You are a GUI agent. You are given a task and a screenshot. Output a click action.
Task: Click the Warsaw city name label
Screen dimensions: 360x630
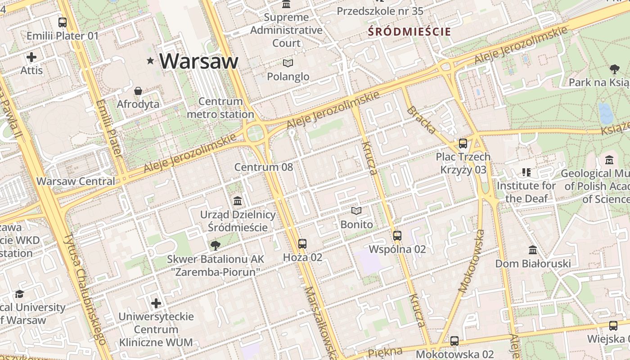(198, 61)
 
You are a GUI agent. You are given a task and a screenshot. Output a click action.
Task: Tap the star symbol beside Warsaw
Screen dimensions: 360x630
(150, 61)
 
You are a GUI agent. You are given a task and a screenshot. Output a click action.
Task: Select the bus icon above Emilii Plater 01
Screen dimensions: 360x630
(63, 22)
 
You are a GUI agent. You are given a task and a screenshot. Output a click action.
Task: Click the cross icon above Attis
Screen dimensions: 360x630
(31, 57)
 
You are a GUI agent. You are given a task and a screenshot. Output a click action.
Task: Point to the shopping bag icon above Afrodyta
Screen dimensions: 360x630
(138, 91)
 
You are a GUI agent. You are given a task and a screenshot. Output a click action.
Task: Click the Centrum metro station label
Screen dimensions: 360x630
(220, 108)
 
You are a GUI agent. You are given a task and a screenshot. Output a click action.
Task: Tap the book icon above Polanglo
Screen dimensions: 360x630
(288, 63)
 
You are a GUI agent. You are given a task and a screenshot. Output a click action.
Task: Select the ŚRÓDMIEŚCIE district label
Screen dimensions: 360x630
(409, 31)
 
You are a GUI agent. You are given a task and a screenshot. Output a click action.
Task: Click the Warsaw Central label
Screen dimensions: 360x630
(76, 181)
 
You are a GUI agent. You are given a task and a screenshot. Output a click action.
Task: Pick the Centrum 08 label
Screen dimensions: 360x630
(263, 167)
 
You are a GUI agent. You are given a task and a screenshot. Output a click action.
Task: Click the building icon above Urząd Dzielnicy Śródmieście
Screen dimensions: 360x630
(238, 201)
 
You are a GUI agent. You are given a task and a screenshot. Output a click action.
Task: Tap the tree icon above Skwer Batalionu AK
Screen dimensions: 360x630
(216, 246)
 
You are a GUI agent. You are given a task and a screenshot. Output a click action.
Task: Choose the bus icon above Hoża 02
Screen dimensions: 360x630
(302, 244)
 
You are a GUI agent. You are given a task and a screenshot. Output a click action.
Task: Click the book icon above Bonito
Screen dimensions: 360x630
(356, 211)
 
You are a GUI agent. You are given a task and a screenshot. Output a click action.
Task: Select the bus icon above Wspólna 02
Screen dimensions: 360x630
(397, 236)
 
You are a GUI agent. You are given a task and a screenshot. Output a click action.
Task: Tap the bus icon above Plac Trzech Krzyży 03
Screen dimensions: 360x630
(463, 144)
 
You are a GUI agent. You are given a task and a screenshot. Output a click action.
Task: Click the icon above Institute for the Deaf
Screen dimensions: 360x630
(526, 172)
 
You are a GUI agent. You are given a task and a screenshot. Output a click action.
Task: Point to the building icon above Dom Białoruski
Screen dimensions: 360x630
(533, 250)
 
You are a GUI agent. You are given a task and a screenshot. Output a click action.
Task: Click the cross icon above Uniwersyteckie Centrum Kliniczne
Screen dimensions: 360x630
(156, 303)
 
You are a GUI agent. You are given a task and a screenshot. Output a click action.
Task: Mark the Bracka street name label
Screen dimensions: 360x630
(421, 120)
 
